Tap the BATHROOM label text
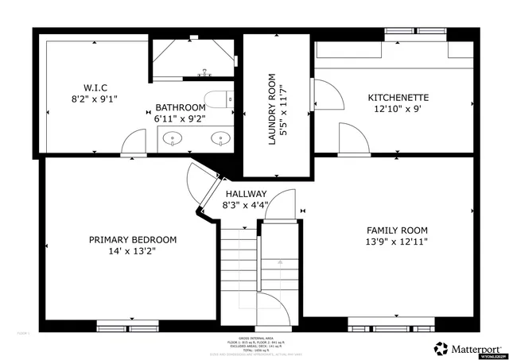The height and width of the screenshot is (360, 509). click(x=181, y=106)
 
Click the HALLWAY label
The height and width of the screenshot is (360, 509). click(x=246, y=194)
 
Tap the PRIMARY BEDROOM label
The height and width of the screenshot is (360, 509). click(x=132, y=239)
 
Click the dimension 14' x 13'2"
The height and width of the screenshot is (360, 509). click(x=132, y=251)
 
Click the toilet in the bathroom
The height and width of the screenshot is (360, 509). click(x=217, y=99)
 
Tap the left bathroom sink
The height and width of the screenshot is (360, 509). click(x=173, y=140)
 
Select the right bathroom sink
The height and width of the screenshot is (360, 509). click(x=220, y=140)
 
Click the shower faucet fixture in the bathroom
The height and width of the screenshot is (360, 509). click(x=204, y=72)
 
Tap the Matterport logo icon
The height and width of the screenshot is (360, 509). click(x=440, y=348)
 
